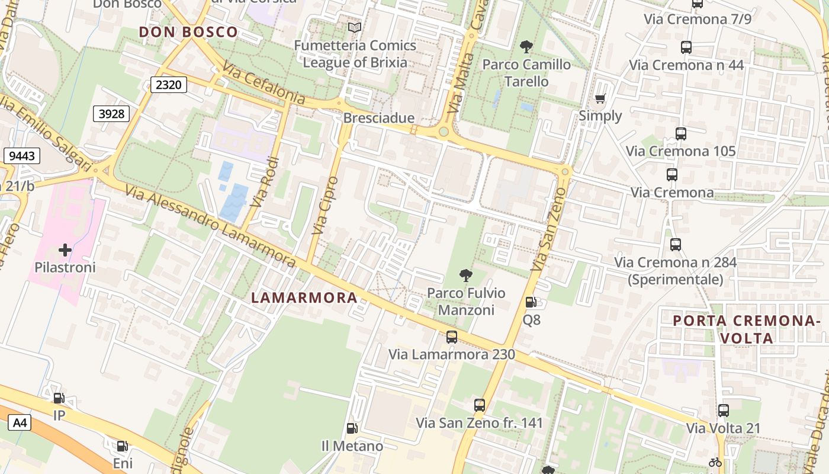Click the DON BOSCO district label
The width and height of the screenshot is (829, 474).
(x=188, y=32)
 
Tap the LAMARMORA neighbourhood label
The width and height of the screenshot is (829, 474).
(x=304, y=297)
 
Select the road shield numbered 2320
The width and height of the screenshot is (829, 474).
(x=168, y=85)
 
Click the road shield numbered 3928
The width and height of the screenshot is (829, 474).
(x=111, y=113)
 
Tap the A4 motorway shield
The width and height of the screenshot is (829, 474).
(x=20, y=422)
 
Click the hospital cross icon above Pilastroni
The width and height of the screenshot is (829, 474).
(x=65, y=251)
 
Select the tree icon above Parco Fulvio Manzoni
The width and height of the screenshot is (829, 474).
(x=466, y=276)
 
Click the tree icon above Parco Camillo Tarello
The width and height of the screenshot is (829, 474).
(x=526, y=47)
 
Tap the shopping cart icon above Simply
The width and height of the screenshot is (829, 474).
(x=600, y=99)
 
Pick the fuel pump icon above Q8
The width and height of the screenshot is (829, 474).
(x=531, y=302)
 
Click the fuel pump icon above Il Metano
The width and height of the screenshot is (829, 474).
(x=352, y=428)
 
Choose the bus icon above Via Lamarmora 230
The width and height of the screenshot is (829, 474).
(x=452, y=337)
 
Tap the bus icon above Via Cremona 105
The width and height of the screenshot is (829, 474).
(x=681, y=134)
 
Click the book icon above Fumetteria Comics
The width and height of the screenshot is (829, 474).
(x=355, y=27)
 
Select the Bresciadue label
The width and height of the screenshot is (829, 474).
(x=379, y=118)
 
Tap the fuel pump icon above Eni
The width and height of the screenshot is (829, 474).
(x=123, y=446)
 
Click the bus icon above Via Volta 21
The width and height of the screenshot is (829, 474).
(x=723, y=410)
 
